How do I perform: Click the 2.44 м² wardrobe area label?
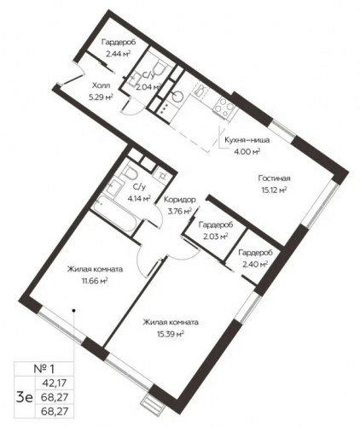(x=119, y=54)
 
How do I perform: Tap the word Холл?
(x=101, y=85)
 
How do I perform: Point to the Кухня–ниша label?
(x=247, y=140)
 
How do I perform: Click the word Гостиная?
(x=274, y=178)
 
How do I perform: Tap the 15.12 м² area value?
(x=274, y=190)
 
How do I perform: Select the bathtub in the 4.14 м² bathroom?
(x=116, y=213)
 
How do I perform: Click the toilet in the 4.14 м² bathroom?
(x=131, y=173)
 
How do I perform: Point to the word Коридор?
(x=180, y=200)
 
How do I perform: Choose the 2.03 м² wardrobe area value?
(x=215, y=236)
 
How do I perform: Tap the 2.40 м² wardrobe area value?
(x=255, y=265)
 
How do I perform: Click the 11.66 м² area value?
(x=95, y=281)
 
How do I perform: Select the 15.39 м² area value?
(x=171, y=334)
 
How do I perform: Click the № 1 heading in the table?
(x=44, y=369)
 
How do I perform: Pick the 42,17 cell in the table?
(x=54, y=383)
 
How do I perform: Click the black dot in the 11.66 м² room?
(x=73, y=310)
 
